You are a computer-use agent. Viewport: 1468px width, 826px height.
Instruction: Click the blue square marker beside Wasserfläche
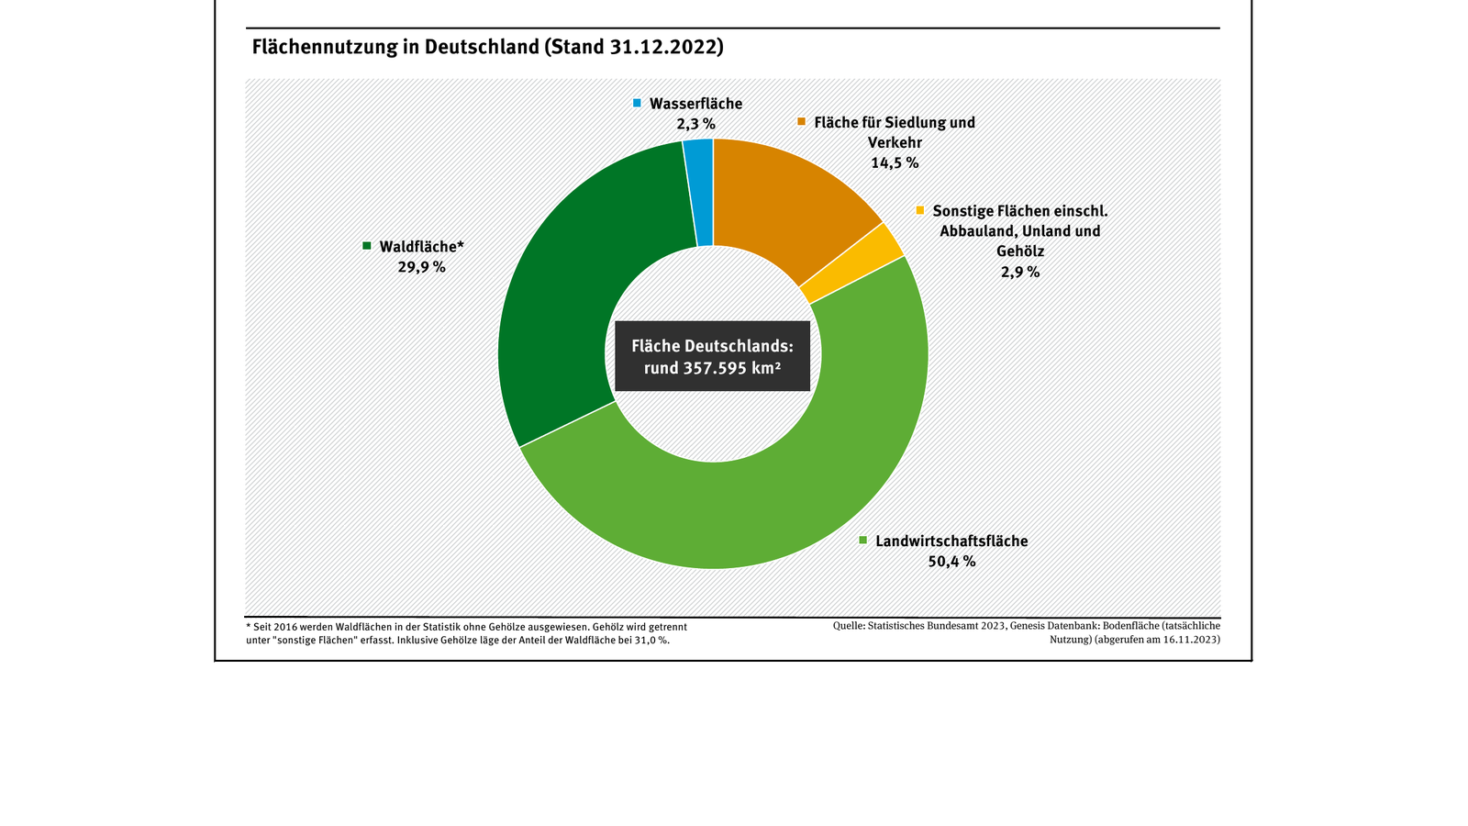click(638, 104)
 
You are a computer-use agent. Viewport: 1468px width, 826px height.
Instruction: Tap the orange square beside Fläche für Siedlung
click(802, 122)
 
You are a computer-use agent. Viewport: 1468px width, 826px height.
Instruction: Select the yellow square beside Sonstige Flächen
click(920, 211)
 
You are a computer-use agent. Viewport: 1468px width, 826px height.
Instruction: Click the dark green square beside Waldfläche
click(367, 246)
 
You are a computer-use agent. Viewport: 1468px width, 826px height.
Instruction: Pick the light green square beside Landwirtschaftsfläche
click(863, 541)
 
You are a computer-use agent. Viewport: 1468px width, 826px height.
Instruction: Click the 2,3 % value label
click(695, 124)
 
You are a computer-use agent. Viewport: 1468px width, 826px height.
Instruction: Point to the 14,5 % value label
click(895, 163)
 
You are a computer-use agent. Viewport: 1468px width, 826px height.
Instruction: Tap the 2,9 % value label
click(1020, 273)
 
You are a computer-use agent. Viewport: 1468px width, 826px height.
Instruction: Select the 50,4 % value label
click(951, 562)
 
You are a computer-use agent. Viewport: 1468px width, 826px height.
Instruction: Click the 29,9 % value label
click(421, 267)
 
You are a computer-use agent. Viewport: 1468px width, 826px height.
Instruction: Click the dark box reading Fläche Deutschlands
click(712, 356)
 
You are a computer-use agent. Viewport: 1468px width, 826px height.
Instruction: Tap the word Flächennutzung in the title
click(325, 47)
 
